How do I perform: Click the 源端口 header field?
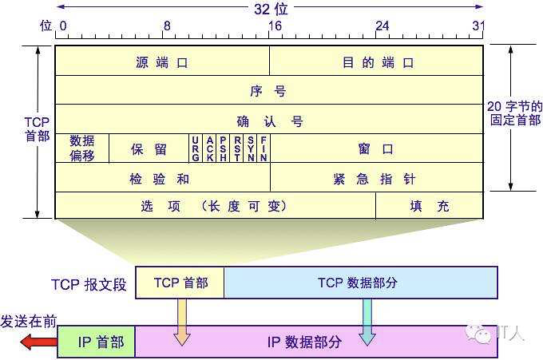click(x=162, y=61)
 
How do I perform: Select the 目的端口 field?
click(x=376, y=61)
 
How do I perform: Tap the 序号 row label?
click(x=268, y=91)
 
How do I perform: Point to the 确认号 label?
click(x=270, y=121)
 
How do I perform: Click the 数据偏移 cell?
click(x=82, y=148)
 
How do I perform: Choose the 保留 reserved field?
click(x=149, y=148)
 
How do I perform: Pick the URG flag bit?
click(x=196, y=148)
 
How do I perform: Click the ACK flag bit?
click(x=209, y=148)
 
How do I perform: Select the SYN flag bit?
click(x=251, y=148)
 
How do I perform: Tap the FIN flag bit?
click(x=264, y=148)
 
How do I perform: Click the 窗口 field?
click(x=377, y=148)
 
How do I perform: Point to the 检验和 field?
click(x=163, y=177)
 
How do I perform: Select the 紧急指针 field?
click(x=377, y=177)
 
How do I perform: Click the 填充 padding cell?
click(x=430, y=206)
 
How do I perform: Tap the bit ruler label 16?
click(x=275, y=26)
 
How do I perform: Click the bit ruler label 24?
click(x=382, y=26)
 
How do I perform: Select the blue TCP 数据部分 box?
click(x=361, y=283)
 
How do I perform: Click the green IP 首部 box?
click(x=97, y=342)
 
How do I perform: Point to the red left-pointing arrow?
click(x=38, y=342)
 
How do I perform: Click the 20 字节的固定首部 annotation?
click(x=514, y=113)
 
